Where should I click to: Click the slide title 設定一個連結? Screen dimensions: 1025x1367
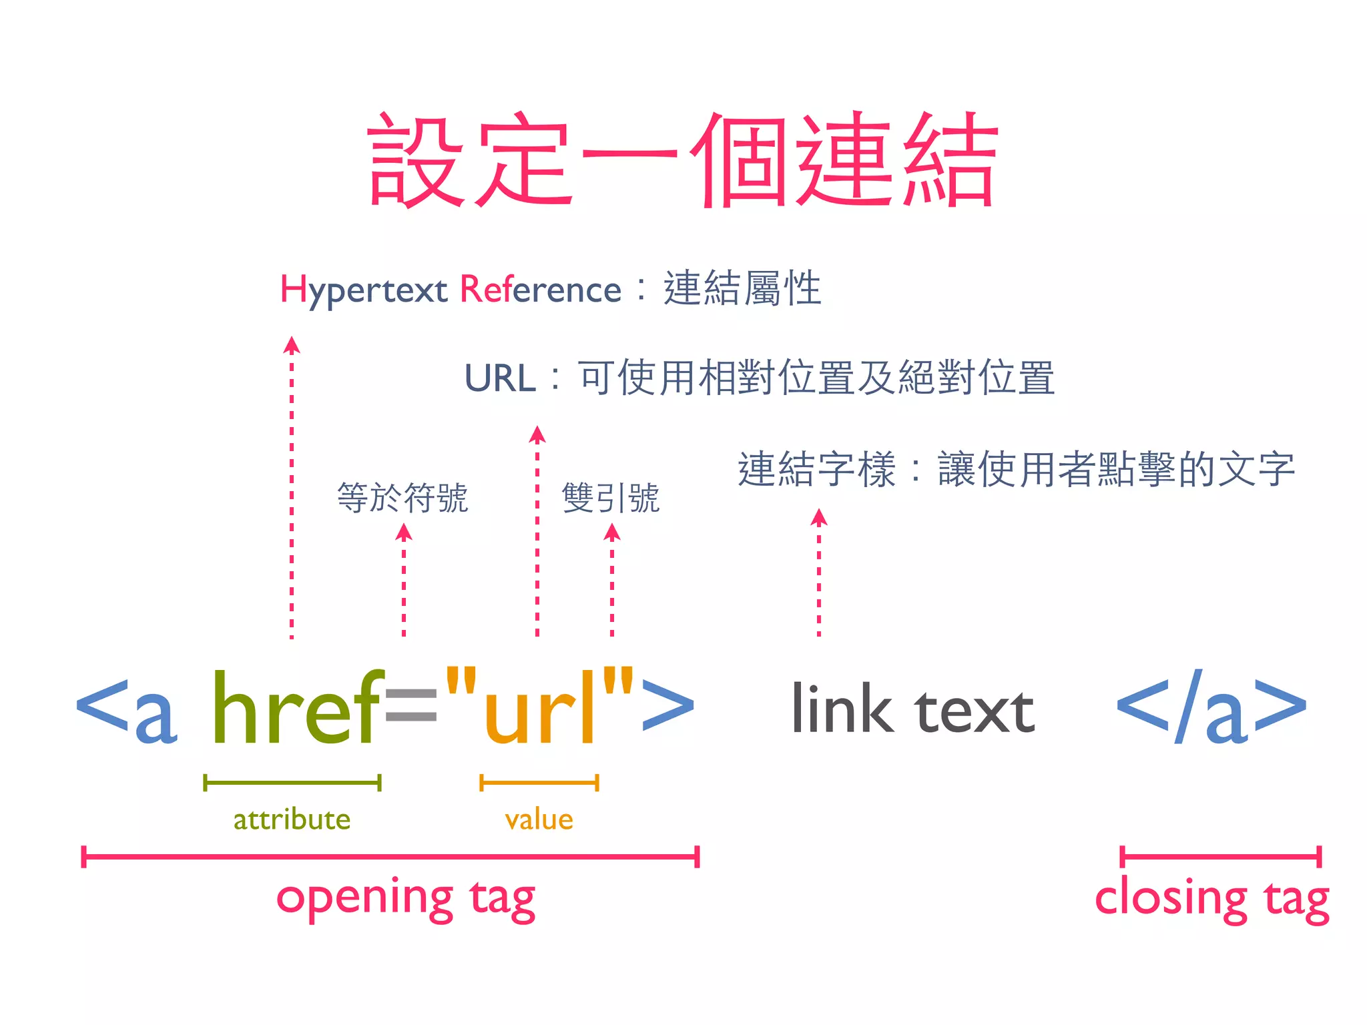[x=682, y=160]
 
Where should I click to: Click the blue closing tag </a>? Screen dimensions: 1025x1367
[x=1211, y=707]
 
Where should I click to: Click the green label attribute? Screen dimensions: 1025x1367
[x=292, y=819]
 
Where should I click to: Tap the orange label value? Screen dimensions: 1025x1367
[x=539, y=819]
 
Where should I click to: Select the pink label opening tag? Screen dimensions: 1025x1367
[x=406, y=898]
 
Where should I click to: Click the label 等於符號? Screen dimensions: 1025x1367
[x=402, y=498]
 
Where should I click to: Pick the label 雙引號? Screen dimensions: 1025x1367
[x=611, y=498]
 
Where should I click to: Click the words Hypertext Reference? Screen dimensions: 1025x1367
[x=451, y=290]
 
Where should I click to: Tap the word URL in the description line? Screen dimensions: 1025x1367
[x=500, y=378]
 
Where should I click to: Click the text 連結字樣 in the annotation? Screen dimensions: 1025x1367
[x=816, y=469]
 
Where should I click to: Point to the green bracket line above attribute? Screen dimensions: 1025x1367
[x=292, y=783]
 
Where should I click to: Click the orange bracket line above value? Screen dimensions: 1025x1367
[x=539, y=783]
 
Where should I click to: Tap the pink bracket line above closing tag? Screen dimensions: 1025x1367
[x=1220, y=856]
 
